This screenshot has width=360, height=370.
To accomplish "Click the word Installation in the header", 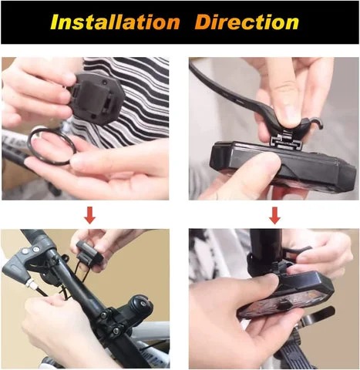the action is (115, 22).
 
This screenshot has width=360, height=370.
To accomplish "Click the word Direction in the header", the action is (247, 22).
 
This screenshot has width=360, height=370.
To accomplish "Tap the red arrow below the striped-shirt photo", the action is (89, 215).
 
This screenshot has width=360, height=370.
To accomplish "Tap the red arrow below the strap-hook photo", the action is (274, 215).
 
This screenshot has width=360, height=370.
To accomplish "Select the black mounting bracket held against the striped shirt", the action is (96, 99).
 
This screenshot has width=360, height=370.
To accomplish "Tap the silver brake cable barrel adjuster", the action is (29, 284).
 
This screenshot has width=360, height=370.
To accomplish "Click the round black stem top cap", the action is (140, 304).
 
